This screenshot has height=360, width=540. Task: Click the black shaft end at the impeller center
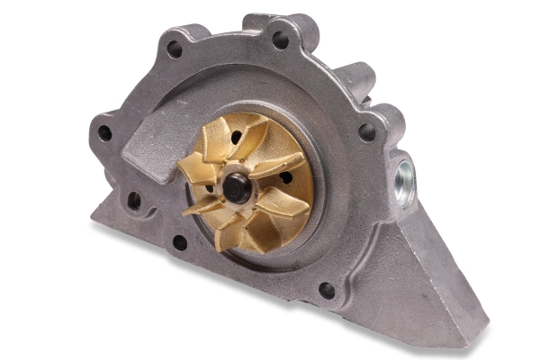point(236,186)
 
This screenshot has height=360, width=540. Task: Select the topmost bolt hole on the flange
point(281,40)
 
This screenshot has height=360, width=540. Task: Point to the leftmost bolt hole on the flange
point(104,133)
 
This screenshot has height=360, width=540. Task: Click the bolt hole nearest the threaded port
point(366,131)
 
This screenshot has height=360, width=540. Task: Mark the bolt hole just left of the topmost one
point(174,49)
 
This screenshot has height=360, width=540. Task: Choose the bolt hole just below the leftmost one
point(134,200)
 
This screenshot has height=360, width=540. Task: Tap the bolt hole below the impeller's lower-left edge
point(180,242)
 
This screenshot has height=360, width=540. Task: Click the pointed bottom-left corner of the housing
point(95,217)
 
